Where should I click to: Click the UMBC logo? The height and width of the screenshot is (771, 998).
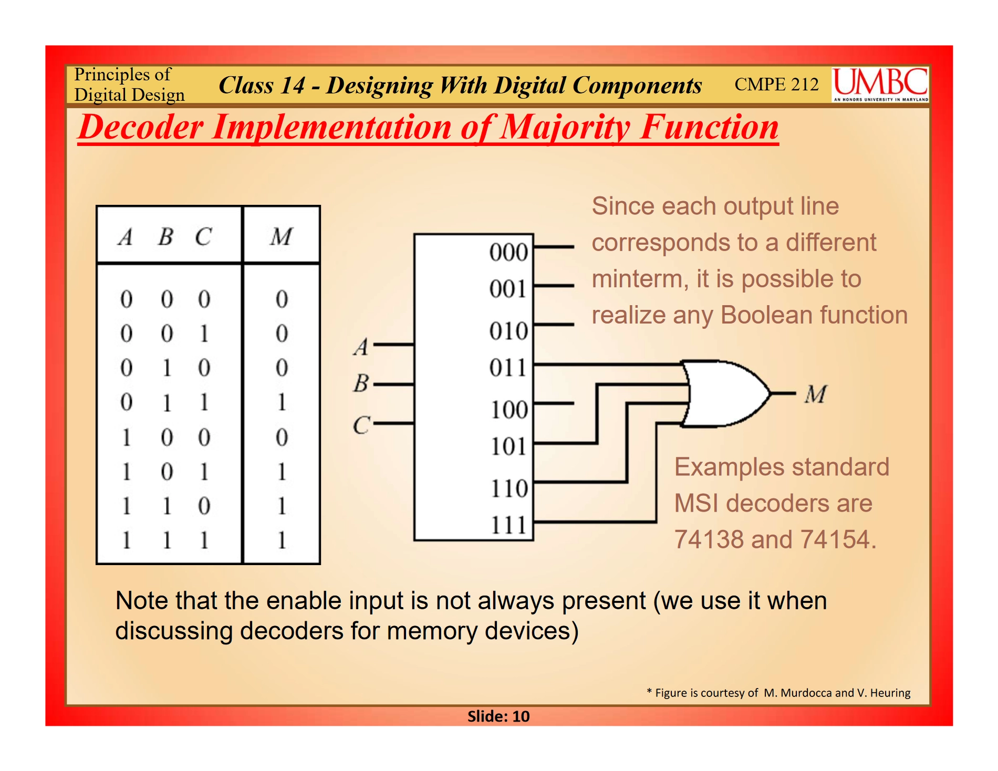click(x=880, y=84)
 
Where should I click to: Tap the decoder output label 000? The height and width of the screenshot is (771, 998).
click(x=508, y=252)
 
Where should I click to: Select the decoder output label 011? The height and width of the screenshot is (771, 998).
click(x=508, y=368)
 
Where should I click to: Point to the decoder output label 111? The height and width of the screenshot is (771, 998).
click(x=508, y=525)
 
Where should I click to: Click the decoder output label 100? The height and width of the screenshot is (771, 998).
click(x=508, y=410)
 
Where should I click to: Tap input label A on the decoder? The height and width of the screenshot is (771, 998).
click(x=361, y=347)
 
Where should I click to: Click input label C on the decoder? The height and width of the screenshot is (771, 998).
click(x=361, y=425)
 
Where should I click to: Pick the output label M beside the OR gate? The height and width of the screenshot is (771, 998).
click(x=816, y=394)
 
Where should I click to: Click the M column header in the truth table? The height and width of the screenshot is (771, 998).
click(x=282, y=236)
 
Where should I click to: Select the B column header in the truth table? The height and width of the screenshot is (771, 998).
click(x=165, y=236)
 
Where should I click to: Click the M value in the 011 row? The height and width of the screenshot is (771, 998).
click(x=282, y=402)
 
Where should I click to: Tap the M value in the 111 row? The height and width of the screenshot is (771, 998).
click(x=282, y=540)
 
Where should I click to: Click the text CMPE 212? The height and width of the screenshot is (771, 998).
click(x=776, y=84)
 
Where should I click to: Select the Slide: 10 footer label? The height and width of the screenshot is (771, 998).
click(x=498, y=716)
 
